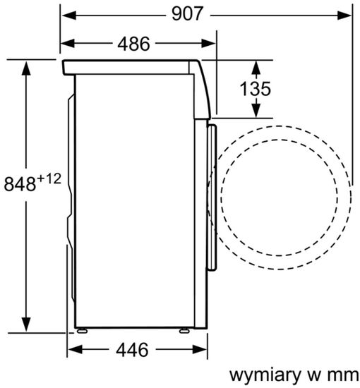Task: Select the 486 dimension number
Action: (x=133, y=44)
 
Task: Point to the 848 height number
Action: (x=20, y=185)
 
